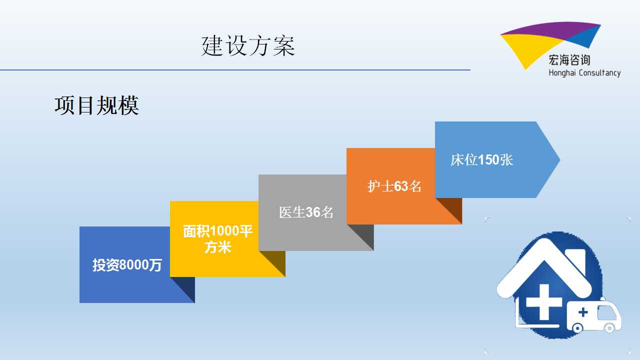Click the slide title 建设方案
click(248, 45)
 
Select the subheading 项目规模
click(97, 105)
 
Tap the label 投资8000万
click(127, 265)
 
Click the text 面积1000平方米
click(217, 239)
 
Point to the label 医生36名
click(306, 212)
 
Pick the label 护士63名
click(394, 186)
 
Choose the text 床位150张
click(481, 160)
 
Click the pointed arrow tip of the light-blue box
click(560, 159)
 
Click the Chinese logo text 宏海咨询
click(569, 60)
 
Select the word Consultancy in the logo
click(599, 73)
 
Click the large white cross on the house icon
click(544, 302)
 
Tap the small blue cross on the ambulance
click(583, 312)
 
